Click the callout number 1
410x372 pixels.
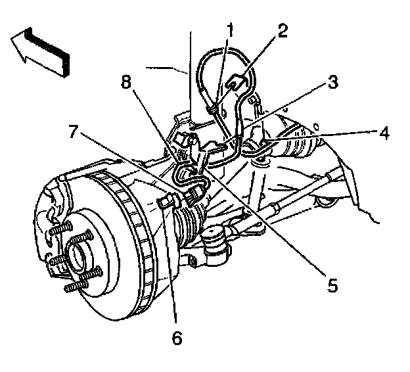[230, 29]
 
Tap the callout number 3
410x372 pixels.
[333, 83]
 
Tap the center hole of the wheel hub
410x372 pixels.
[80, 253]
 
